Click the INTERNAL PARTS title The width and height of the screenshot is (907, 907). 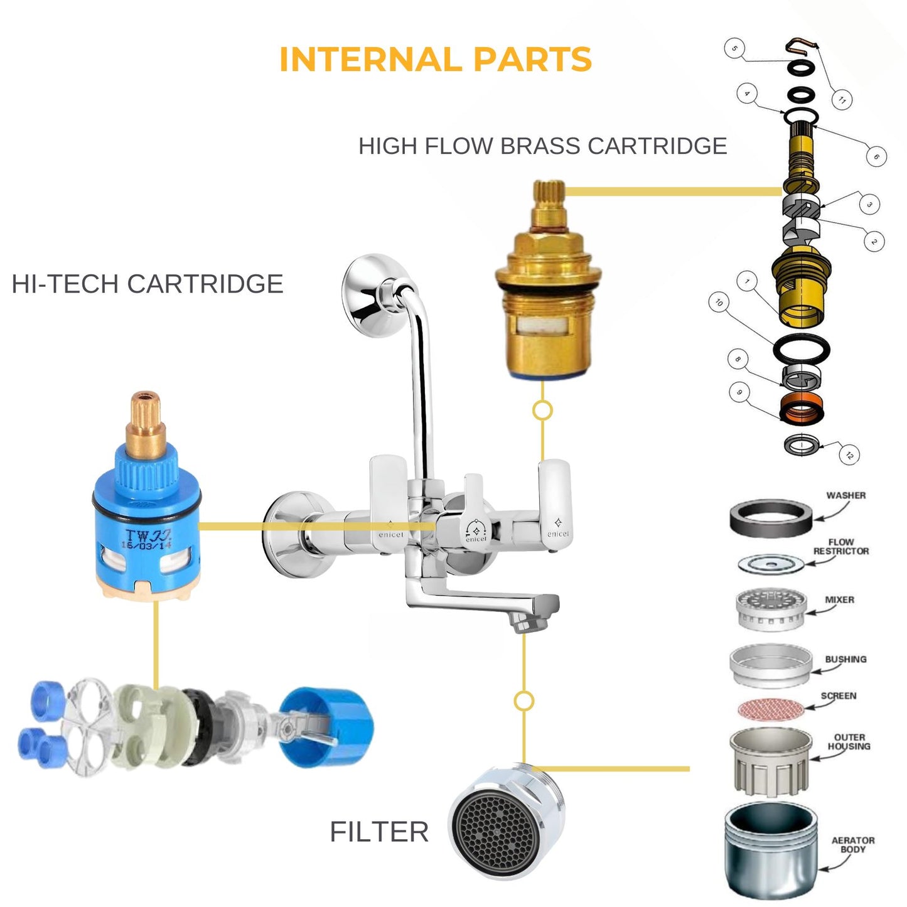(x=435, y=60)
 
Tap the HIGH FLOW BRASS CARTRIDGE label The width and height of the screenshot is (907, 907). (x=542, y=146)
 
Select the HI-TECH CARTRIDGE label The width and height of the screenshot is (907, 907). (x=148, y=284)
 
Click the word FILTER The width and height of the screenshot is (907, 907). (x=379, y=832)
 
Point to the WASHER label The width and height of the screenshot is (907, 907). (x=845, y=495)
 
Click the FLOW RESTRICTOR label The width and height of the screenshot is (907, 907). (x=841, y=546)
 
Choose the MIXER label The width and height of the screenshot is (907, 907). (x=839, y=599)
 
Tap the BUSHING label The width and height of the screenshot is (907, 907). (x=845, y=659)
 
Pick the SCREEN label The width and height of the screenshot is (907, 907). (x=839, y=695)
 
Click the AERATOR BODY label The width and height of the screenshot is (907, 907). (x=852, y=844)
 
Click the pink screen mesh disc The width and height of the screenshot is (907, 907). (x=770, y=709)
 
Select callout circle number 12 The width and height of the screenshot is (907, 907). (x=849, y=455)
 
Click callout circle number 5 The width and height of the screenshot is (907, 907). (x=734, y=48)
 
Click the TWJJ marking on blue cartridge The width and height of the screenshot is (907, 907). (x=148, y=537)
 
